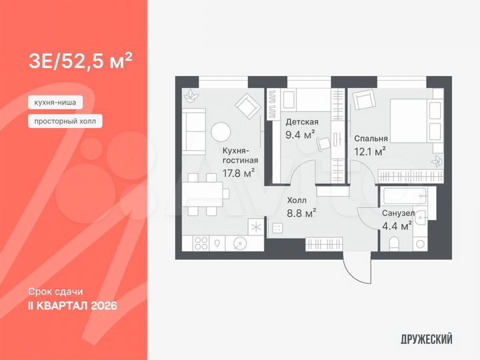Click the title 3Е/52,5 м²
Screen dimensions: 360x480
80,61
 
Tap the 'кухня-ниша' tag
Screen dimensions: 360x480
56,103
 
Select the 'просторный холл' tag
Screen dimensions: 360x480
65,121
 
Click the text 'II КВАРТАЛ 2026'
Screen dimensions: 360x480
73,305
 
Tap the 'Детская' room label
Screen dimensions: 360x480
301,122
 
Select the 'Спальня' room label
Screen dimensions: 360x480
371,139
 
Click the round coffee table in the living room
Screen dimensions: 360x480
220,131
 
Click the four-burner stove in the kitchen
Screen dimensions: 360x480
201,244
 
